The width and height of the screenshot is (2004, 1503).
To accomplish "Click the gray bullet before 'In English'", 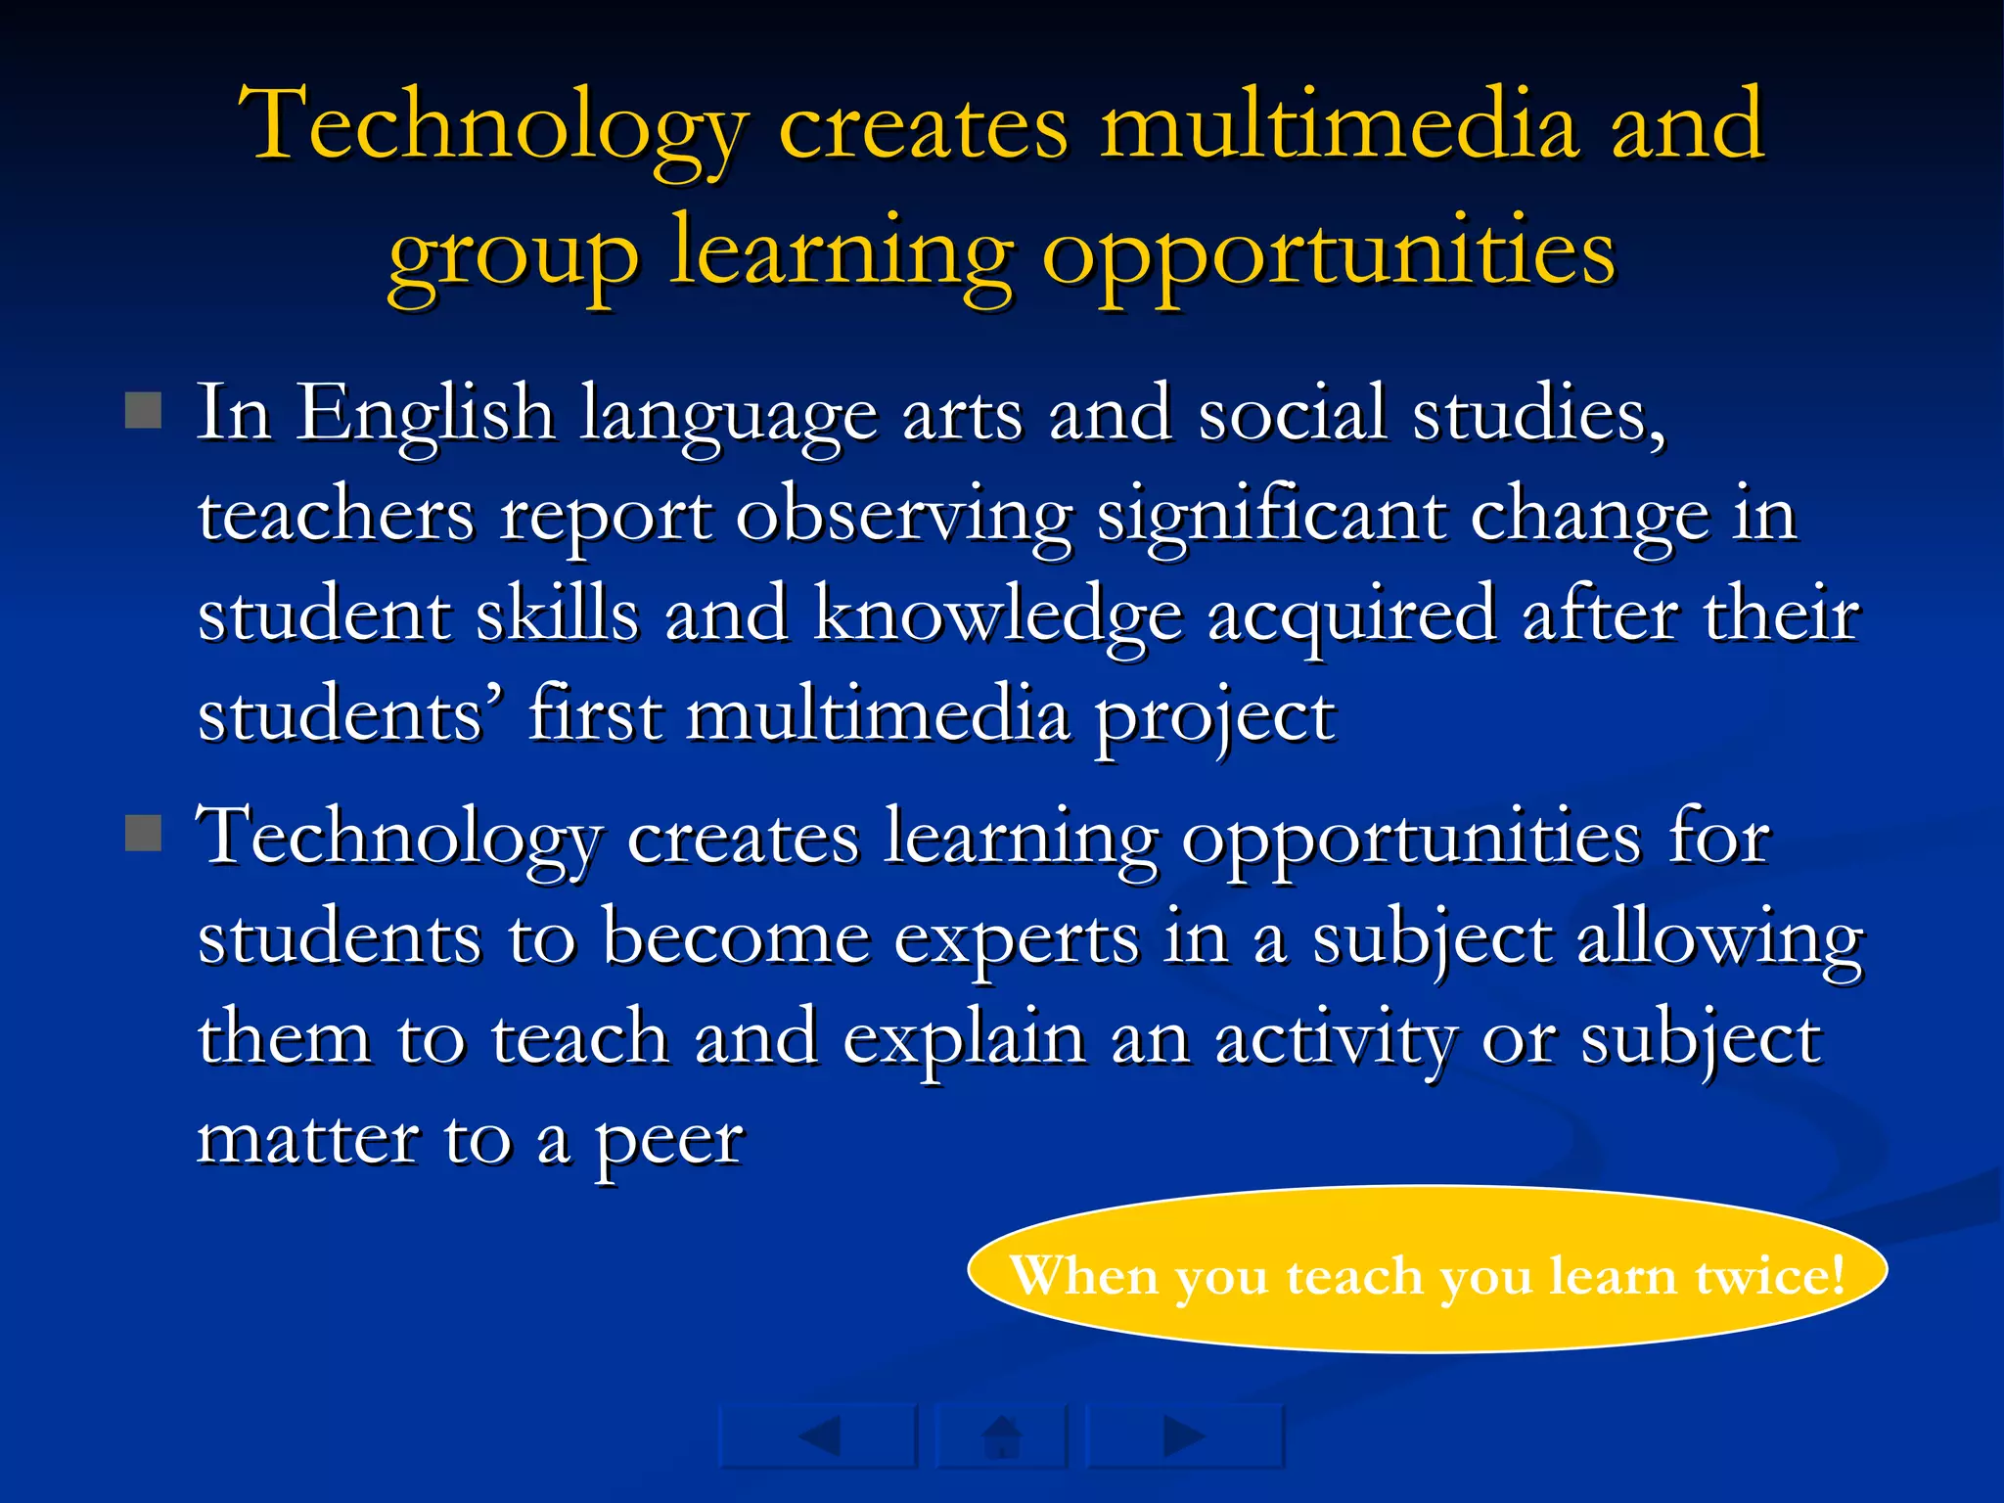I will click(x=144, y=411).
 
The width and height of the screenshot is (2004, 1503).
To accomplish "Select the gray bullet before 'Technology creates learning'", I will click(x=144, y=834).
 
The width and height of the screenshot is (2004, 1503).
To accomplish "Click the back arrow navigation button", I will click(x=819, y=1436).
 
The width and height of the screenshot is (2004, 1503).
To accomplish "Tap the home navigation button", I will click(x=1001, y=1436).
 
